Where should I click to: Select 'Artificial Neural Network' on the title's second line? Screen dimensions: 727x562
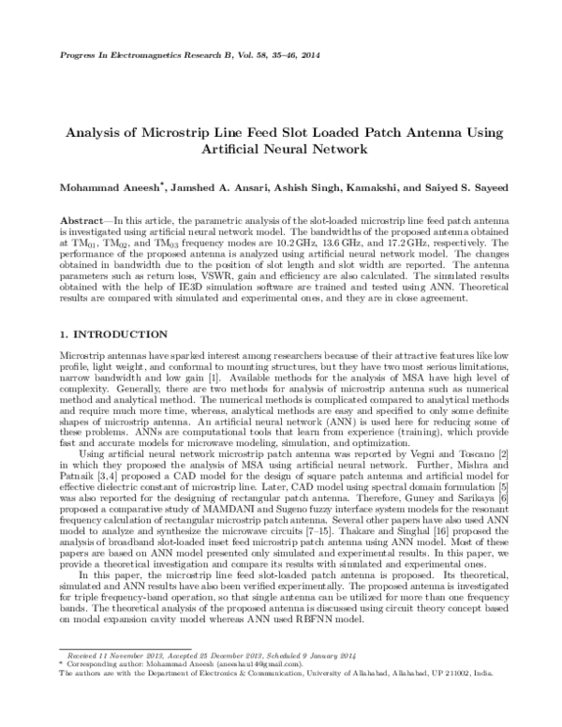click(x=281, y=149)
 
